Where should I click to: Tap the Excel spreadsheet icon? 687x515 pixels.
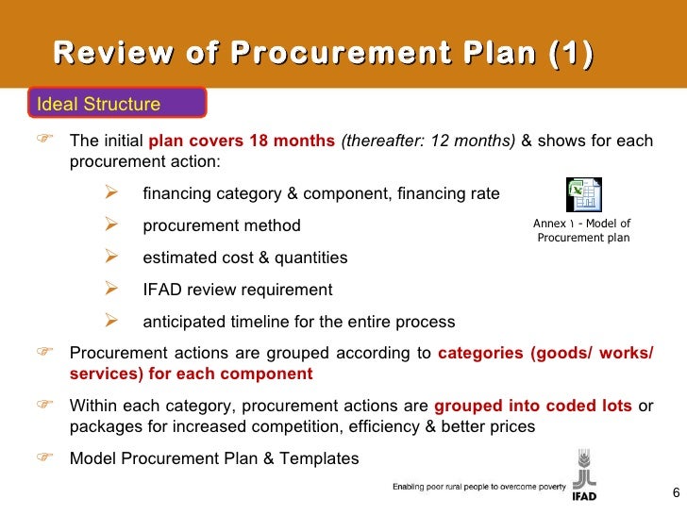583,195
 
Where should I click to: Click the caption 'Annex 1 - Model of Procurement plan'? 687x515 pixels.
582,230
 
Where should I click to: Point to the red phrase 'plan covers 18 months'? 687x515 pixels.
242,141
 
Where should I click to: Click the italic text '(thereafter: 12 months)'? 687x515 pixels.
428,141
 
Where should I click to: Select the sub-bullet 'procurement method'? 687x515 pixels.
222,225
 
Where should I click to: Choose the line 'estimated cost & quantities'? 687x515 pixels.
244,257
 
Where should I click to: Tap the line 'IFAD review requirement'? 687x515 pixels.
237,290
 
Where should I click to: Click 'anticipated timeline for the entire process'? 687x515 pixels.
298,322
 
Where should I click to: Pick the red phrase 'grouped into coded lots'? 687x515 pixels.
533,407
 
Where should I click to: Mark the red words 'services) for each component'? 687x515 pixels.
191,374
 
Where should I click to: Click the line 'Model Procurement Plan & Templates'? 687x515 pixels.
214,459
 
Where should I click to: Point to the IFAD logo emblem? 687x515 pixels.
584,469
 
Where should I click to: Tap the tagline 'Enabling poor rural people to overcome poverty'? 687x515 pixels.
478,487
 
